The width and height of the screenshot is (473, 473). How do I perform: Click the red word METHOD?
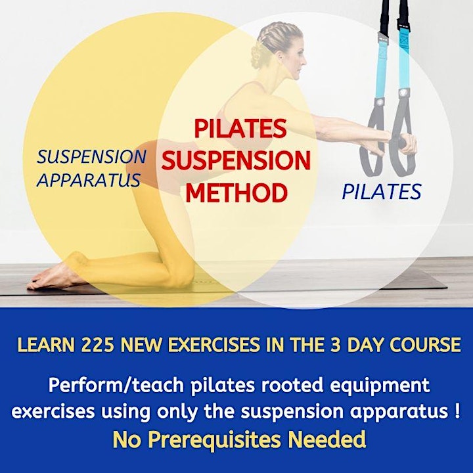tap(236, 192)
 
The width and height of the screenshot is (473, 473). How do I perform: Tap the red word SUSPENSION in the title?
tap(236, 160)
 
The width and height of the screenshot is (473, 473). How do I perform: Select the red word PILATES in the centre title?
tap(240, 128)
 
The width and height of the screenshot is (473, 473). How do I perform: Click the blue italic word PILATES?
tap(382, 192)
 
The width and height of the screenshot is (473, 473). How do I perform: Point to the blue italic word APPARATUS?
tap(89, 180)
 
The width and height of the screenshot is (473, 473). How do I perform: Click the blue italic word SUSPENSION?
tap(91, 156)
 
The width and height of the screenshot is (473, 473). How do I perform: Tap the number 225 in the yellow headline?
tap(97, 344)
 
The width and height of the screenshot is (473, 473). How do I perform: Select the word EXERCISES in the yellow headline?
tap(214, 344)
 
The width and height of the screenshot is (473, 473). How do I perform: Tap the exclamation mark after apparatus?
tap(457, 411)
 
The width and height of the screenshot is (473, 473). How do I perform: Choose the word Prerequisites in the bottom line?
tap(214, 439)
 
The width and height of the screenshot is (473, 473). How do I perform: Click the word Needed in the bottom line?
tap(327, 439)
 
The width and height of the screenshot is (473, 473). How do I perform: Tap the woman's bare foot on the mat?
tap(51, 277)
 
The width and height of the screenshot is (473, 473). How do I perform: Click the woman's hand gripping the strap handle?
tap(407, 144)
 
